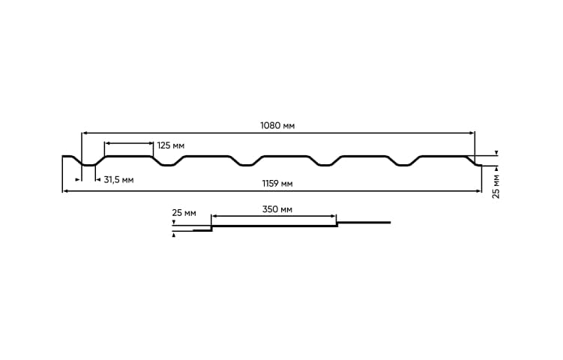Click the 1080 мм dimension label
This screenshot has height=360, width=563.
click(x=277, y=125)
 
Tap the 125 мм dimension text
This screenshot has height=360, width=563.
click(x=171, y=145)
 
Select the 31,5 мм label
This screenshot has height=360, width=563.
click(x=118, y=180)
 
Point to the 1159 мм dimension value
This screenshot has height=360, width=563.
click(x=277, y=184)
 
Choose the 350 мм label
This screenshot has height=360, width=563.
click(x=277, y=209)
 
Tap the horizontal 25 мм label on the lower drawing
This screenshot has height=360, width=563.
click(x=184, y=213)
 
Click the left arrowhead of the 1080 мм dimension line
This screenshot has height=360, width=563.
click(x=85, y=133)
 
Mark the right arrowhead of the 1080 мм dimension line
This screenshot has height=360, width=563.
click(x=472, y=133)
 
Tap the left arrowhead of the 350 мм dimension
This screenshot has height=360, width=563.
click(x=214, y=217)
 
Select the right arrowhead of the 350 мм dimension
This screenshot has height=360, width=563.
click(x=334, y=217)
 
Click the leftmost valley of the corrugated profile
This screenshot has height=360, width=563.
click(x=88, y=164)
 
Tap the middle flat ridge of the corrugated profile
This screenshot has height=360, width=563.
click(x=286, y=156)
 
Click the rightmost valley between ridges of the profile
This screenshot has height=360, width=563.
click(x=405, y=164)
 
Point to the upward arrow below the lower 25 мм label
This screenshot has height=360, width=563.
click(x=174, y=235)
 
